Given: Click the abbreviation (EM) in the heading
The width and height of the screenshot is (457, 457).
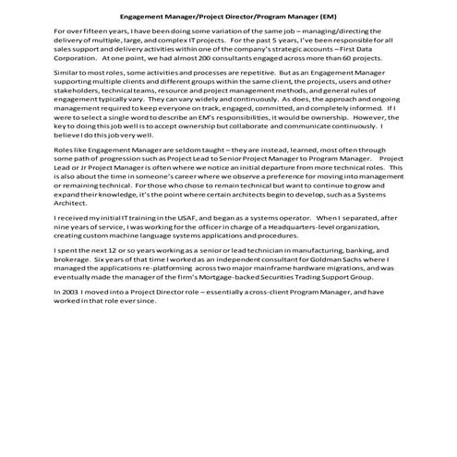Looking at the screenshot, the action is pos(328,17).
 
